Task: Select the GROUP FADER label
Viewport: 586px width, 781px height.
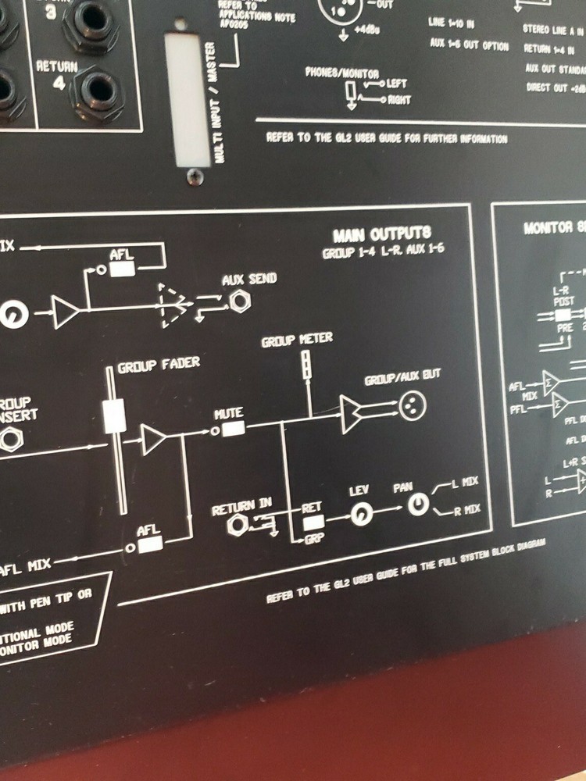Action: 159,364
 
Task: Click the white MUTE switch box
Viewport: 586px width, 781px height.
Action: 233,429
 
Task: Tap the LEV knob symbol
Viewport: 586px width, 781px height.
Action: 361,515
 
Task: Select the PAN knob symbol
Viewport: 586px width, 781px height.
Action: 419,506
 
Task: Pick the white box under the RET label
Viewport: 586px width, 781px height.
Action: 313,522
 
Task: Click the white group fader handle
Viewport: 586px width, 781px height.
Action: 115,415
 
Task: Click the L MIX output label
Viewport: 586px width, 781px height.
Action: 464,482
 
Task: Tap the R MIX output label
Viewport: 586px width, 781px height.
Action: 466,509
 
